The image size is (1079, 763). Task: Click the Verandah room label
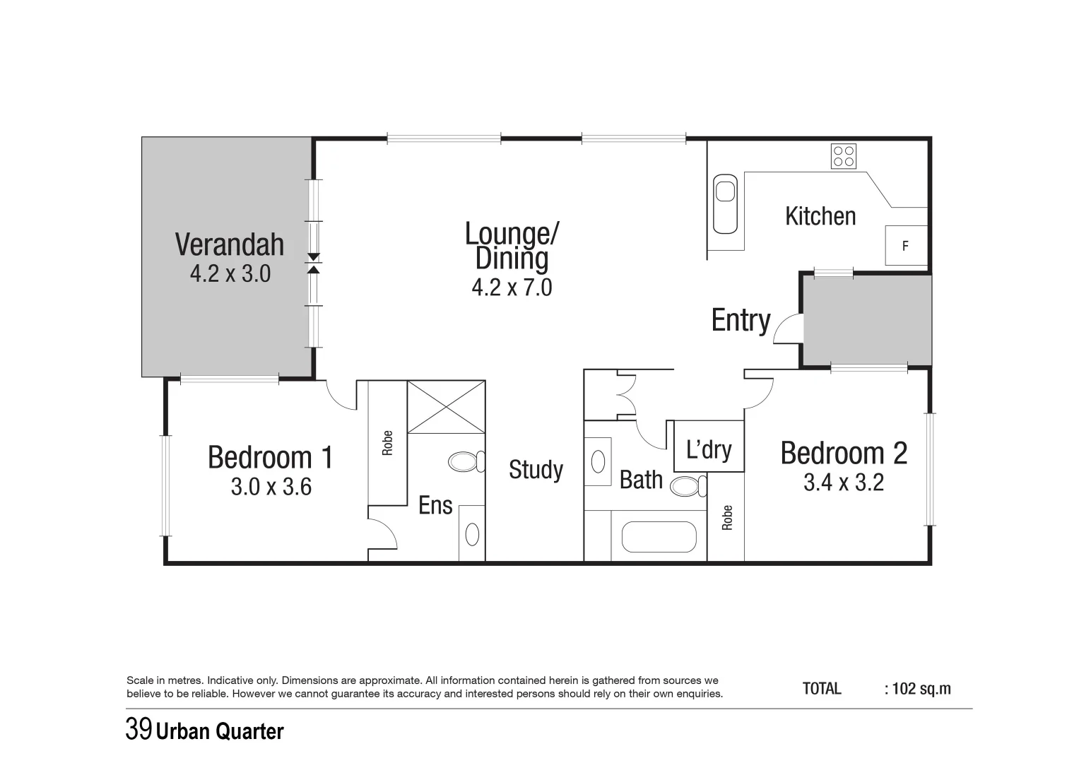(x=230, y=244)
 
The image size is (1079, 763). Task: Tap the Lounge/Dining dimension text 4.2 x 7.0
(x=512, y=288)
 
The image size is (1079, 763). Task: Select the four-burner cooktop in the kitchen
(x=844, y=156)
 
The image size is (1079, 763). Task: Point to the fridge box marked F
(x=906, y=246)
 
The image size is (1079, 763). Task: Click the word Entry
(x=741, y=320)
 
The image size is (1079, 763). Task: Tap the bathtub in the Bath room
(x=659, y=537)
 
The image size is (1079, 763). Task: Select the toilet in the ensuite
(x=465, y=462)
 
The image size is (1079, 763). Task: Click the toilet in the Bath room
(x=688, y=486)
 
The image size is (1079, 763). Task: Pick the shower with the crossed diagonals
(x=447, y=407)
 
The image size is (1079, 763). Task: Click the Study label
(x=536, y=470)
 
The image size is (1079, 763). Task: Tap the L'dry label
(x=709, y=449)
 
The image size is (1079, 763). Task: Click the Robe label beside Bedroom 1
(x=387, y=443)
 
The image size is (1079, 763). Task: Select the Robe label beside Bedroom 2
(x=727, y=518)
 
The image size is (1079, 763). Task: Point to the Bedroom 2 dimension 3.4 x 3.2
(x=844, y=483)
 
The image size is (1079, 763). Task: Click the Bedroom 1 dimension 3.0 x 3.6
(x=271, y=487)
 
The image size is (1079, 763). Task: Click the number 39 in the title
(x=138, y=729)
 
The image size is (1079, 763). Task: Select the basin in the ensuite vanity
(x=472, y=533)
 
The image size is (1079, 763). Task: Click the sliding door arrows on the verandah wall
(x=314, y=263)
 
